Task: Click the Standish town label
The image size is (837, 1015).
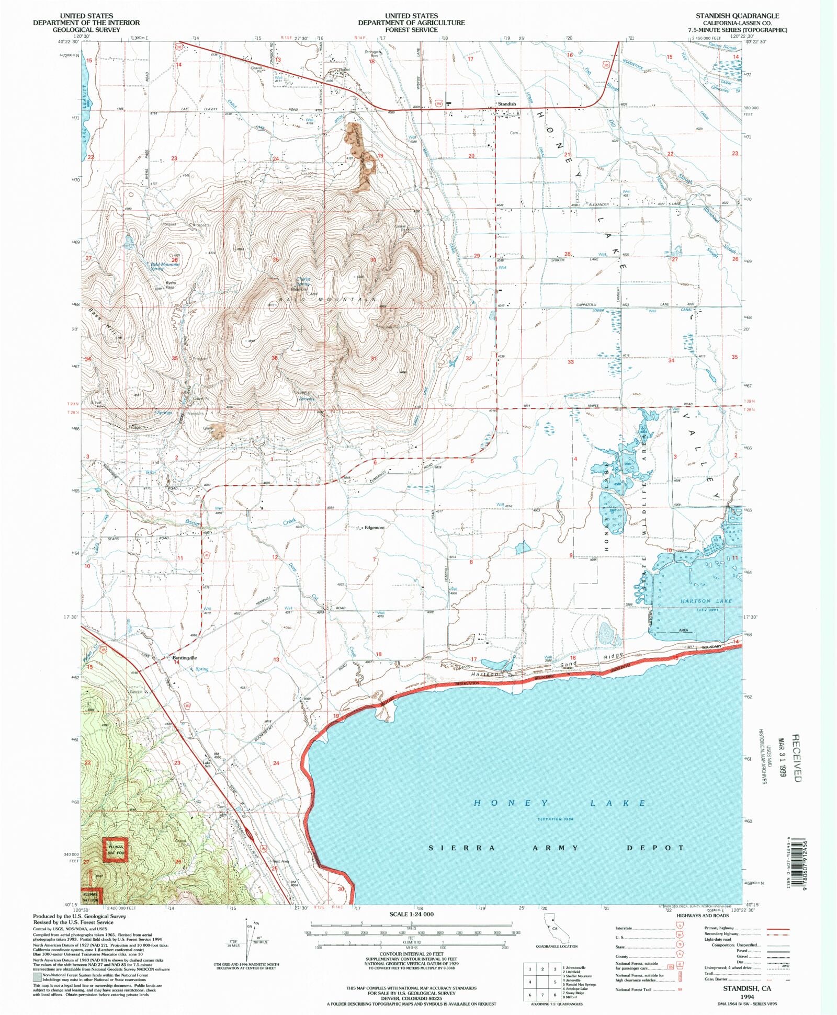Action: click(506, 104)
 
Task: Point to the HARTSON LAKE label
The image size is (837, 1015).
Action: click(706, 601)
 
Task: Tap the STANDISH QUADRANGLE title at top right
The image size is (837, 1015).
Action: click(737, 16)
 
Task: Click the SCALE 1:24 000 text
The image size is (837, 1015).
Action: click(411, 914)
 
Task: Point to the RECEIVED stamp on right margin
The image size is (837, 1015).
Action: click(795, 758)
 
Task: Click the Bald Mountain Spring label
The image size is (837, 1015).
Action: click(164, 266)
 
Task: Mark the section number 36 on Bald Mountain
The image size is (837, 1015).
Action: click(274, 358)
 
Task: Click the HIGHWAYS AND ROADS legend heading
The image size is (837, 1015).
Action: click(702, 916)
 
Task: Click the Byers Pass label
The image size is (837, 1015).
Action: click(171, 286)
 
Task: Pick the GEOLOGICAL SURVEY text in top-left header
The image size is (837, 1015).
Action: click(86, 30)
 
